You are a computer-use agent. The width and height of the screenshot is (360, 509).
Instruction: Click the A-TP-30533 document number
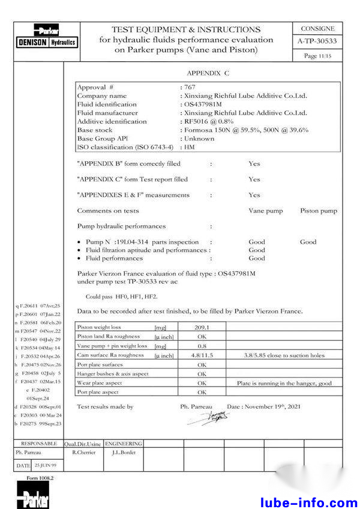point(317,41)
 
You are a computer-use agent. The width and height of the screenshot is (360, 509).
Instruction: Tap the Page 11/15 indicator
point(318,56)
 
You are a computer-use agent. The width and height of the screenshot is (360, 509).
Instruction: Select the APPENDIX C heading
point(208,73)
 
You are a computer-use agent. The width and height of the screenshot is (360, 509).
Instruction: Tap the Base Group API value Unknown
point(199,138)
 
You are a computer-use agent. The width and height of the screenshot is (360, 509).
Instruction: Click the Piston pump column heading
point(319,211)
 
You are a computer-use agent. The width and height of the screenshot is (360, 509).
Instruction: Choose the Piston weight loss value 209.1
point(202,328)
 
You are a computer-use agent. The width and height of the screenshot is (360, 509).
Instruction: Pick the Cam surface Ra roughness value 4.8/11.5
point(202,355)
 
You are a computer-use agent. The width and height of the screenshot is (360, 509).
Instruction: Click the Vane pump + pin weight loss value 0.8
point(202,346)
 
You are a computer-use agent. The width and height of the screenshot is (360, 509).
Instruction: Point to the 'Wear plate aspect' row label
point(100,383)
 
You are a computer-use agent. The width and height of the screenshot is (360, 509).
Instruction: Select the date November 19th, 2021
point(268,406)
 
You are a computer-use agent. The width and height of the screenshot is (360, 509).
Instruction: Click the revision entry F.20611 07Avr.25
point(38,306)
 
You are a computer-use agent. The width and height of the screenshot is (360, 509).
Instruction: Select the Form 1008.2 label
point(40,478)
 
